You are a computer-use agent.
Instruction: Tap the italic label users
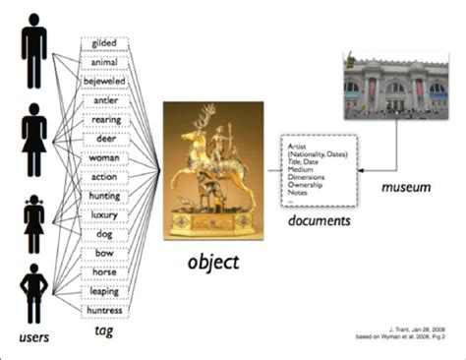tap(34, 338)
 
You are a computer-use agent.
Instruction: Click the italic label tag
tap(103, 332)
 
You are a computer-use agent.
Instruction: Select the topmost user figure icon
tap(33, 46)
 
